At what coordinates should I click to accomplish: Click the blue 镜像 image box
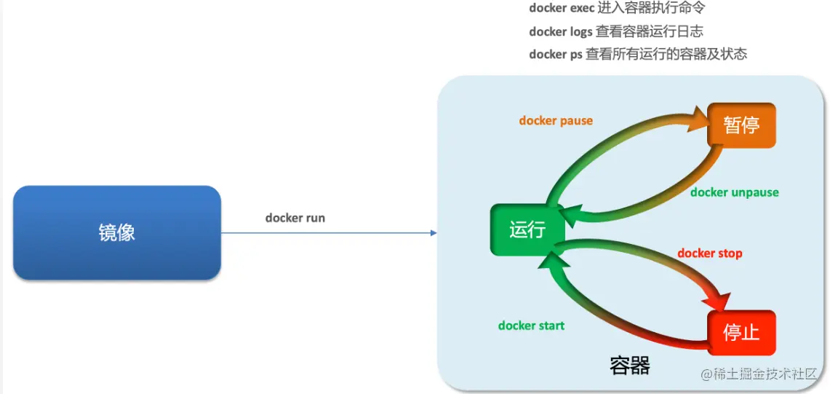tap(116, 232)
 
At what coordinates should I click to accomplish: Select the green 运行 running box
tap(527, 229)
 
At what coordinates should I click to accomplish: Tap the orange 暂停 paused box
tap(741, 125)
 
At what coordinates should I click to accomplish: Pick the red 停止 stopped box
tap(741, 332)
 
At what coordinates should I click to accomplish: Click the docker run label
tap(295, 218)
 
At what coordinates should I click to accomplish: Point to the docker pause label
tap(556, 121)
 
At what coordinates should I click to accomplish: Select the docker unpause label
tap(734, 192)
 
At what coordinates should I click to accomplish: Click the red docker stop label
tap(709, 253)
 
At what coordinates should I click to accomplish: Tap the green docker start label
tap(531, 326)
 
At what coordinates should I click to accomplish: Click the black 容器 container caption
tap(630, 366)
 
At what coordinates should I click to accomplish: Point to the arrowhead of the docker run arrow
tap(434, 233)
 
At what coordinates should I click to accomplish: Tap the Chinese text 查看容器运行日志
tap(650, 31)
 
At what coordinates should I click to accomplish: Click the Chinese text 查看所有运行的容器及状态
tap(666, 54)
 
